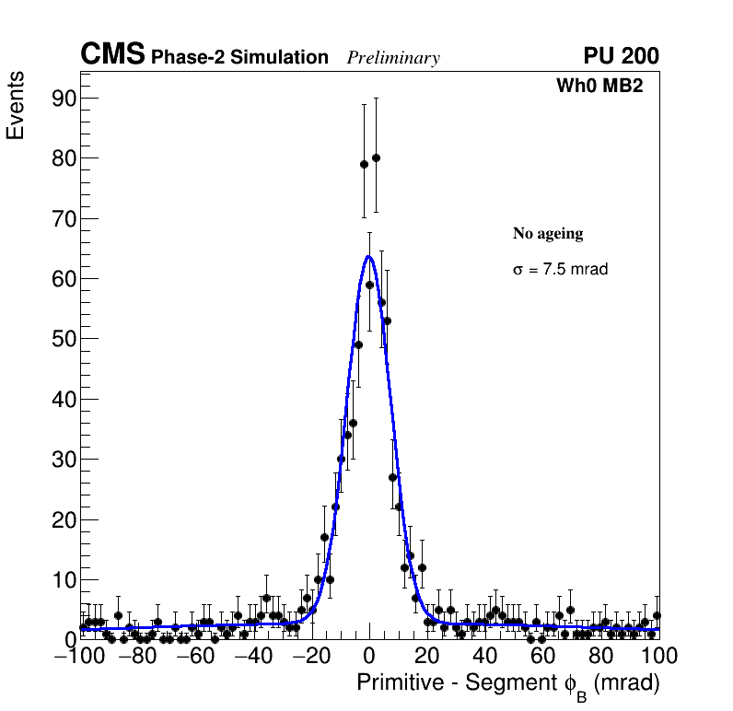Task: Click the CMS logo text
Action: coord(112,55)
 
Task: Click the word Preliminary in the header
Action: coord(393,58)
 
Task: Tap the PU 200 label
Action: coord(621,56)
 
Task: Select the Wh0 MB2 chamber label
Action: coord(599,86)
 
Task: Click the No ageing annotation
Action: coord(548,234)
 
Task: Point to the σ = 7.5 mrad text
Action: coord(560,270)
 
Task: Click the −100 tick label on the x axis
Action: coord(79,656)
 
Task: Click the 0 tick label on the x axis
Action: coord(369,656)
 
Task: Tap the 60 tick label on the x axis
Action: coord(543,656)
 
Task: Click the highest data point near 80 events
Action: coord(376,157)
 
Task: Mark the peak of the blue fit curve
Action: coord(368,256)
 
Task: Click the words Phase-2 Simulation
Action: coord(239,57)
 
